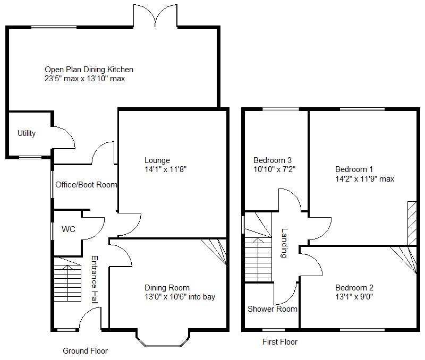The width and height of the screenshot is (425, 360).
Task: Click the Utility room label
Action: click(27, 133)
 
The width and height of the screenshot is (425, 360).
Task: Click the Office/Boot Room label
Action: click(86, 185)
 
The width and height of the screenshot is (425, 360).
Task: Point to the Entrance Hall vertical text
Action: click(94, 280)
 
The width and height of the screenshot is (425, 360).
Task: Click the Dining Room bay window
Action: click(161, 340)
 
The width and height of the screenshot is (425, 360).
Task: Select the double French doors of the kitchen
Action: click(155, 16)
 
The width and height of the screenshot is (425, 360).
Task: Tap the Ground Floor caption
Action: click(85, 351)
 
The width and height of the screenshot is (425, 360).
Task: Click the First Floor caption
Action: click(280, 342)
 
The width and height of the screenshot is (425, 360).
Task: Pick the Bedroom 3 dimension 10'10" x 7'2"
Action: click(274, 169)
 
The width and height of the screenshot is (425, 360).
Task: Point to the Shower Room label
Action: click(273, 309)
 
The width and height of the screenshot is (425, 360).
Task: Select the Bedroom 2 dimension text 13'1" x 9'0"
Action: click(354, 297)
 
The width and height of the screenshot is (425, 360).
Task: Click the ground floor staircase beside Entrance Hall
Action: click(67, 281)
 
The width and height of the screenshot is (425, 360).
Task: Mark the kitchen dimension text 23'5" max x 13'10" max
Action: click(84, 79)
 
